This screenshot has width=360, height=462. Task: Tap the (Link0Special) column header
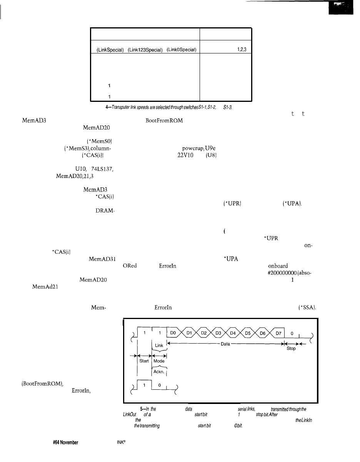pyautogui.click(x=181, y=49)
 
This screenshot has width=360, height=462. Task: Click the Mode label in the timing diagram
pyautogui.click(x=159, y=361)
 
